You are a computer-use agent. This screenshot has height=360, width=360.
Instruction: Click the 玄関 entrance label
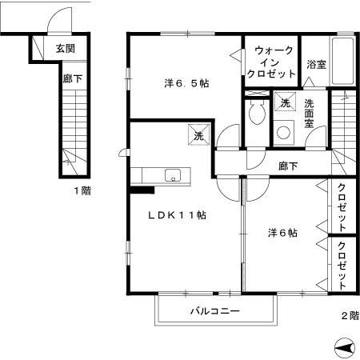(66, 49)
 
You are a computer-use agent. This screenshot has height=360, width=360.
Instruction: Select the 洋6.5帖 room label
(187, 82)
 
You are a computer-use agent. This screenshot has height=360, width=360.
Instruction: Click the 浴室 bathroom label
(315, 65)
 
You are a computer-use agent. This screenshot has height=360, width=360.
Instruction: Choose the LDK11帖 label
(177, 215)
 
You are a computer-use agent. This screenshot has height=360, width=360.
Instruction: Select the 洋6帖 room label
(282, 233)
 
